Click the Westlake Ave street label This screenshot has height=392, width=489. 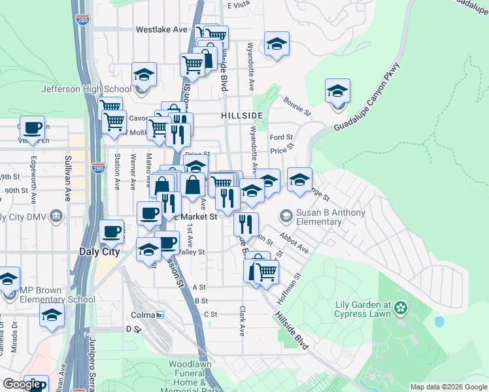[161, 29]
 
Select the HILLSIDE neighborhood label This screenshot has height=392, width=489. [242, 115]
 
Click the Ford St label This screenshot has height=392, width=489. [282, 137]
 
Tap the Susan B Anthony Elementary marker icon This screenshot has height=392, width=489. [286, 215]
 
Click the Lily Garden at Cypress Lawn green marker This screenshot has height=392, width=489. [401, 307]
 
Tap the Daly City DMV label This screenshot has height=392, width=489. [25, 217]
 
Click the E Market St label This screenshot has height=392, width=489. [195, 216]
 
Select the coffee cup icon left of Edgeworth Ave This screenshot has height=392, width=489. [32, 127]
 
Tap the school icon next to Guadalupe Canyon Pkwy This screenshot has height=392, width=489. [337, 91]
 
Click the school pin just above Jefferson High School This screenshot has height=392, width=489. [144, 74]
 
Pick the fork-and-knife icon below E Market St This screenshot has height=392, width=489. [246, 224]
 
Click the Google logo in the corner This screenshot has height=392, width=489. [21, 384]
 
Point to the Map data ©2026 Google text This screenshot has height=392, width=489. [448, 387]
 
